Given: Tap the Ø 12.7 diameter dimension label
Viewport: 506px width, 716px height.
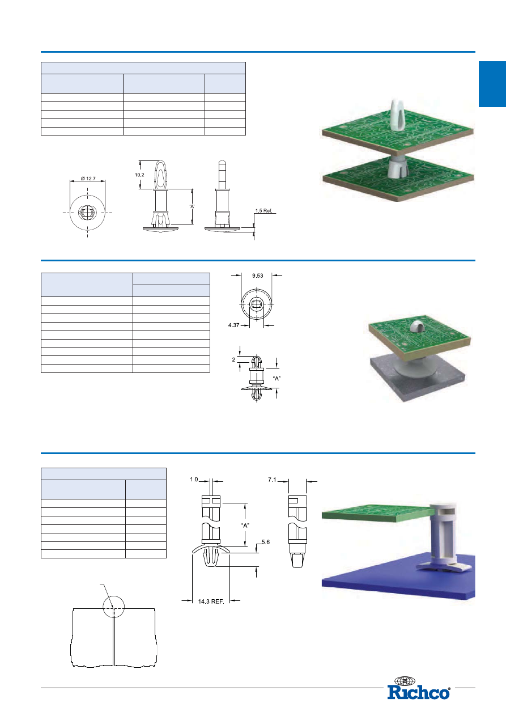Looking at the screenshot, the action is [x=88, y=179].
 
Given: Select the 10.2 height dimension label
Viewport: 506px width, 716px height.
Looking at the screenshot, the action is [x=139, y=175].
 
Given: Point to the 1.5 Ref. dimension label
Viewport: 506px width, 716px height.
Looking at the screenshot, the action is [x=263, y=211].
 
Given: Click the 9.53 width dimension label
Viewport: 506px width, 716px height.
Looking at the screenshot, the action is [x=257, y=276].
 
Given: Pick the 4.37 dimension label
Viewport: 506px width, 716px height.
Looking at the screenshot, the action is [x=233, y=325].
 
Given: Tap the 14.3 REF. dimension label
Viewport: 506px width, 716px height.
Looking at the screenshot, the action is [x=211, y=601].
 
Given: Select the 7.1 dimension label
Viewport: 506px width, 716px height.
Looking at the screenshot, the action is [x=272, y=480].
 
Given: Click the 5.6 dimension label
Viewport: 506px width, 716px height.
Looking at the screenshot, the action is [x=265, y=542].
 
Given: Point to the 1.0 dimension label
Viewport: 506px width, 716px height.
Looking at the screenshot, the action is [x=194, y=479].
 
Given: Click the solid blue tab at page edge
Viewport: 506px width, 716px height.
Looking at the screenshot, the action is [x=492, y=84].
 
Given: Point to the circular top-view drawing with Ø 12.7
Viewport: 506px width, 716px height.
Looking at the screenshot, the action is [x=87, y=213].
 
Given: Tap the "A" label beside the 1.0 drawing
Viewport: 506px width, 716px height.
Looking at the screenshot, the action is [x=245, y=525].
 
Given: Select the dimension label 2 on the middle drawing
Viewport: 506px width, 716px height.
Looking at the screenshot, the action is [x=233, y=359].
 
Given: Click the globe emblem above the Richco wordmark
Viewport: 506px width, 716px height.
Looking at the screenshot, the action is [x=405, y=681].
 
